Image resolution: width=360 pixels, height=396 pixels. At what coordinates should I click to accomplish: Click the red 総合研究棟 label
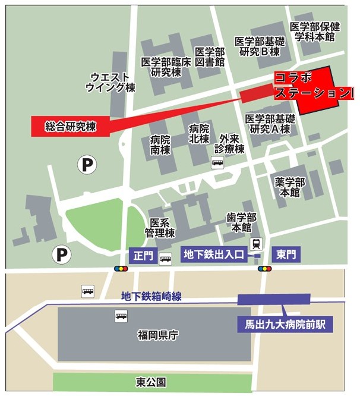coord(70,126)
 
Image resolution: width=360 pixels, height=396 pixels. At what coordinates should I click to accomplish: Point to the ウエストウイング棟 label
coord(110,82)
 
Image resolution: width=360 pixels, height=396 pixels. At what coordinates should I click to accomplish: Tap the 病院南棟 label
coord(160,145)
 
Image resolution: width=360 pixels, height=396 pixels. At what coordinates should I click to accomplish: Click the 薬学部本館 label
coord(290,187)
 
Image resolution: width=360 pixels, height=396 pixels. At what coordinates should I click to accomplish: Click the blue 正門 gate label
coord(144,256)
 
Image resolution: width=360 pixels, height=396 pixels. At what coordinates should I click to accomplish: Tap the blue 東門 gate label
coord(285,255)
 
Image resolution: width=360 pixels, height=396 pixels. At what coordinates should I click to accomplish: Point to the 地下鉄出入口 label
coord(214,255)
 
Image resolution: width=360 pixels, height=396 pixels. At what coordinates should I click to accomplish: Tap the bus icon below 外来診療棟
coord(217,162)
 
